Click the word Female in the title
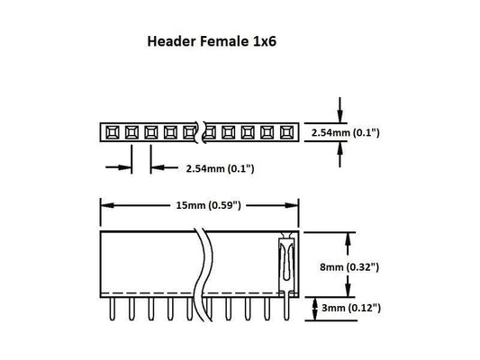click(217, 41)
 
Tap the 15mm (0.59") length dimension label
click(199, 205)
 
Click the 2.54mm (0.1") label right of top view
click(346, 133)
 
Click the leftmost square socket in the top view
click(111, 133)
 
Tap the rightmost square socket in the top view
click(288, 133)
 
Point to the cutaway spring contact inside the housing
click(286, 264)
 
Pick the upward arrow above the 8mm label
click(348, 238)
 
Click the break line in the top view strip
click(202, 133)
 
